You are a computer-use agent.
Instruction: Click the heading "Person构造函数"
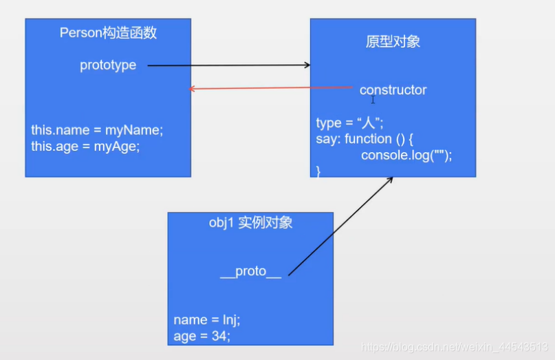click(x=108, y=33)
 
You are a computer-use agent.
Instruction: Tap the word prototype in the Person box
click(x=108, y=65)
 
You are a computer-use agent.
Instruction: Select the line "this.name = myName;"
click(x=97, y=129)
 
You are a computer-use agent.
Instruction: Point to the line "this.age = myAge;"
click(x=85, y=146)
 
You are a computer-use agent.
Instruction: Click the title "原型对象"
click(x=393, y=42)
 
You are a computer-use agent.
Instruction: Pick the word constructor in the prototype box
click(x=393, y=90)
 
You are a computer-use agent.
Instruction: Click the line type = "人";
click(x=349, y=123)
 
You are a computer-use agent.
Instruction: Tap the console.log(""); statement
click(x=406, y=156)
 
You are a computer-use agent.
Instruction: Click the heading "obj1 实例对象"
click(x=250, y=222)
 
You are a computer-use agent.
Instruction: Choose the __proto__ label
click(x=250, y=271)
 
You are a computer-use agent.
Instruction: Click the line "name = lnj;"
click(x=206, y=320)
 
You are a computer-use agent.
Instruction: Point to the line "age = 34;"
click(x=202, y=337)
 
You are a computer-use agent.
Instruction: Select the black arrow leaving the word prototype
click(x=227, y=65)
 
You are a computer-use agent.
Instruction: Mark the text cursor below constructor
click(x=373, y=100)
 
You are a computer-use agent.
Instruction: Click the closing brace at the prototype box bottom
click(x=318, y=171)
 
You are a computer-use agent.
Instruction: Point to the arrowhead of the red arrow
click(x=193, y=89)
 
